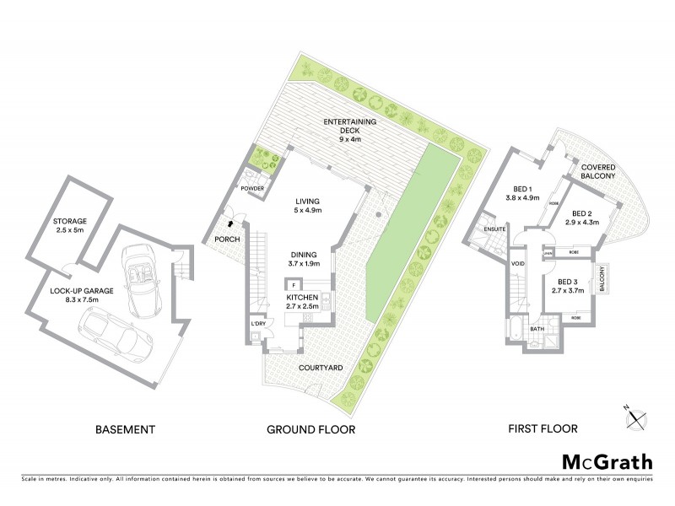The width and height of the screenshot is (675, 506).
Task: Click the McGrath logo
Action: pos(607,461)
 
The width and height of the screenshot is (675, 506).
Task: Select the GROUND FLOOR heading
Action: pos(310,429)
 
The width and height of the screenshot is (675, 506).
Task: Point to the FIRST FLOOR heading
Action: pos(543,429)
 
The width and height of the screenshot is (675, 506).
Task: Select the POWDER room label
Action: pos(254,188)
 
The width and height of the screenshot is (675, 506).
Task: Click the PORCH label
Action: pos(228,240)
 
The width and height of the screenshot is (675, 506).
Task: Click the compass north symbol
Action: pos(636,416)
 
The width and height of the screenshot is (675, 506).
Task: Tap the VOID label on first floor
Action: pos(518,263)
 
